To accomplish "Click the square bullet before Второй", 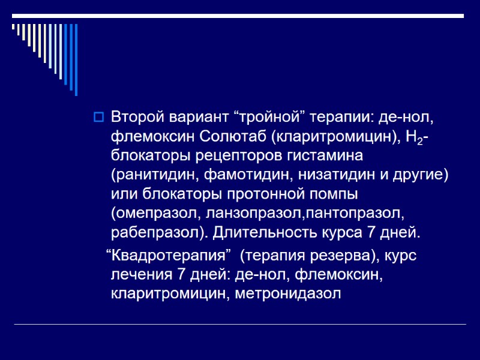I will pyautogui.click(x=99, y=116).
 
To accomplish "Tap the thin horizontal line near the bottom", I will pyautogui.click(x=240, y=325).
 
